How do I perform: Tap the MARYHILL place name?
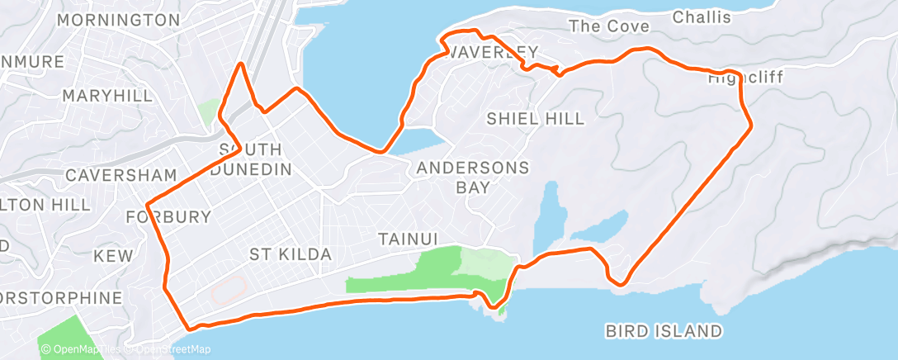point(108,96)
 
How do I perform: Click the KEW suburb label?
point(113,257)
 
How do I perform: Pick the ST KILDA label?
point(291,254)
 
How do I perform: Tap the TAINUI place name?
point(407,239)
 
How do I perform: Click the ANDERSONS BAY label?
point(473,177)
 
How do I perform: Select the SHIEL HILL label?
point(535,119)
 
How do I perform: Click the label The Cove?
point(609,26)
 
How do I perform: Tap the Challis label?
point(702,17)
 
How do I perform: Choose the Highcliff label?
point(745,78)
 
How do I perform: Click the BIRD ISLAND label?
point(664,332)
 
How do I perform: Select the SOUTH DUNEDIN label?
point(251,159)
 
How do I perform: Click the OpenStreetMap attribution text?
point(169,350)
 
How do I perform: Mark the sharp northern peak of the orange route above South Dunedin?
point(240,64)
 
